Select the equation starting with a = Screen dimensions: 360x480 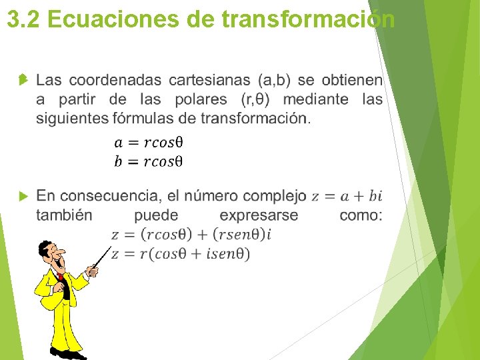point(149,142)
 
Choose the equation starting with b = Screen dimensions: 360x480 point(149,161)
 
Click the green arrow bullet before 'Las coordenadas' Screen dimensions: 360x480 point(23,80)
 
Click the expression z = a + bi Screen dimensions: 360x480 point(347,196)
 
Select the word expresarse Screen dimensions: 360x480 point(259,215)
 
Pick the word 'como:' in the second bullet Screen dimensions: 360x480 point(361,215)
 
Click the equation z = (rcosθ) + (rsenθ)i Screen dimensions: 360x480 point(191,234)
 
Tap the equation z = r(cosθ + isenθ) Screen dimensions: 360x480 point(181,253)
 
